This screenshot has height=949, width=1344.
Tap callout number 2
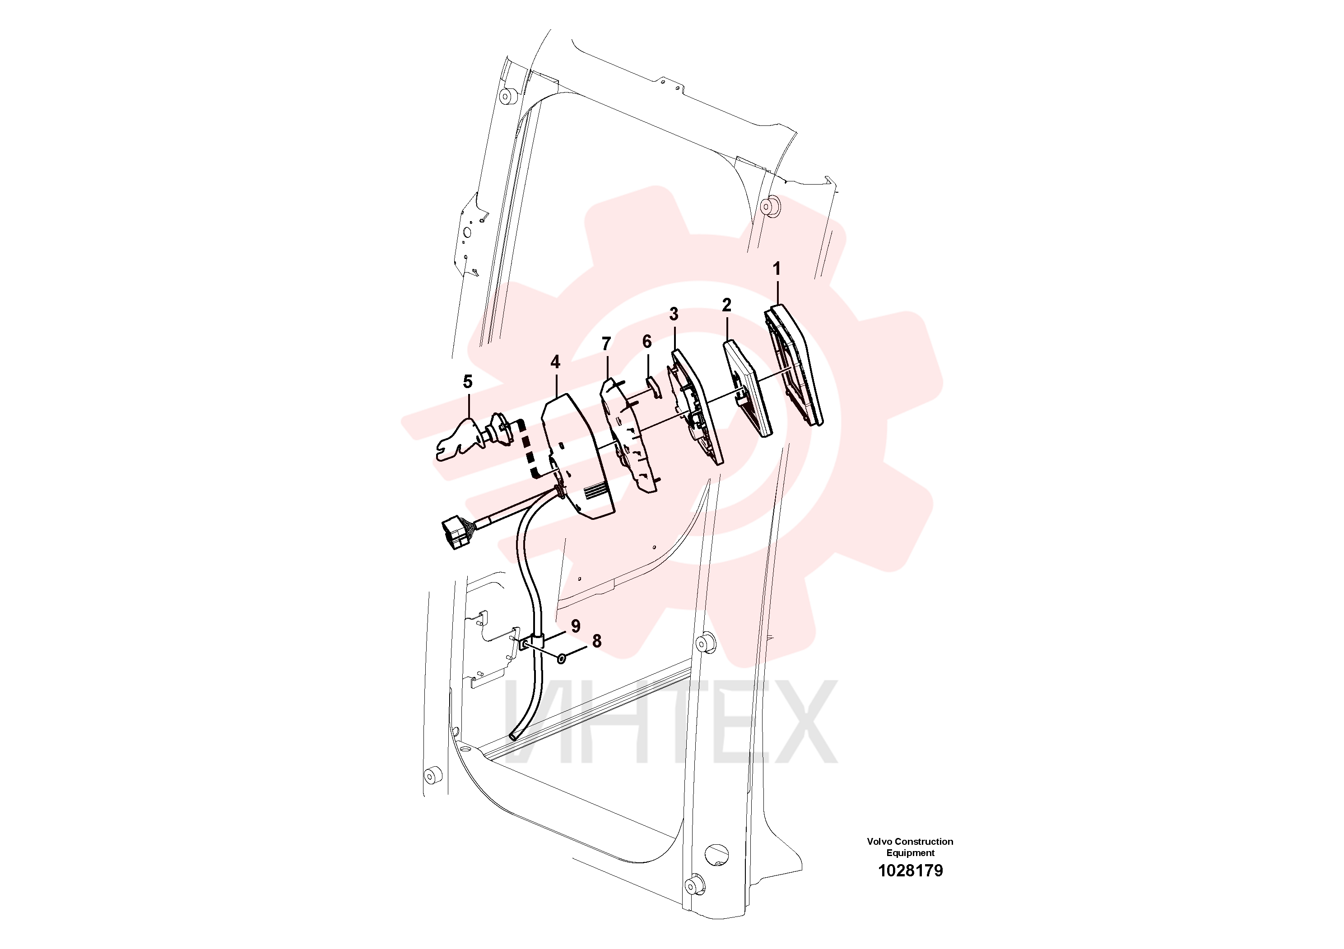click(x=726, y=305)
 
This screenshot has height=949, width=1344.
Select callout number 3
click(x=674, y=314)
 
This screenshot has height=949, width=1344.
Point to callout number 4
click(x=555, y=362)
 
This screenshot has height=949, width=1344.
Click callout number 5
click(x=467, y=382)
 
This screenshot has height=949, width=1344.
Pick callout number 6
click(x=647, y=342)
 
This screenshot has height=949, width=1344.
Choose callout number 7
click(x=606, y=344)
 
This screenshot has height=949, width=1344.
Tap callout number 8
click(x=596, y=641)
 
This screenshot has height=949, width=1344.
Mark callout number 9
click(x=576, y=626)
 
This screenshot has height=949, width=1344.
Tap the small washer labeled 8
click(x=561, y=659)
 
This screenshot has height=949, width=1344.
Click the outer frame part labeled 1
click(x=794, y=365)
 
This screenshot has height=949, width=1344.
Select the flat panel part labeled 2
click(x=747, y=389)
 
